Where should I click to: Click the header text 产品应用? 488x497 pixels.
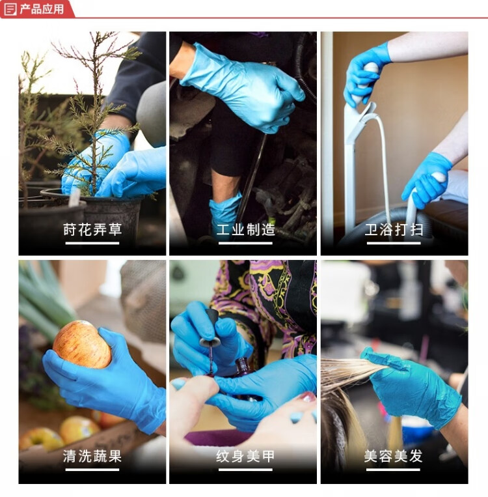(x=42, y=9)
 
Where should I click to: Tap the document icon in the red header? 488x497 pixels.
(x=10, y=9)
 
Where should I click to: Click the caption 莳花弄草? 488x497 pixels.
(x=92, y=229)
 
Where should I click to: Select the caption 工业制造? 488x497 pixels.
(x=245, y=229)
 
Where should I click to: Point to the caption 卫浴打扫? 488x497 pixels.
(x=394, y=229)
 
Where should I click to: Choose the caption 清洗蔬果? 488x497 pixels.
(x=92, y=456)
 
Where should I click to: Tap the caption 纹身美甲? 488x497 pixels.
(x=245, y=456)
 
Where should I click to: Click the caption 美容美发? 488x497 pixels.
(x=393, y=456)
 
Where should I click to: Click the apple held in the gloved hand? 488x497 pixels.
(x=82, y=345)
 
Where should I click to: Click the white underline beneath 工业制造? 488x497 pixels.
(x=245, y=243)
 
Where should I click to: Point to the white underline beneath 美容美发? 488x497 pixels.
(x=393, y=470)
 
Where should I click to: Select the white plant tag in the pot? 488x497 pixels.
(x=75, y=197)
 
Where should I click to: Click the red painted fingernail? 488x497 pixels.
(x=306, y=397)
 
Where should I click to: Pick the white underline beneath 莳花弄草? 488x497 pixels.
(x=92, y=243)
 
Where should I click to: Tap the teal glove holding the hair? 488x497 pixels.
(x=412, y=388)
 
